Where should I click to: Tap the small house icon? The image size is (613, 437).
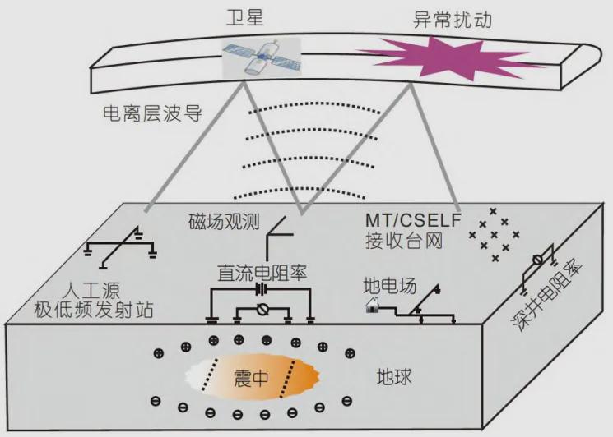372,305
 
